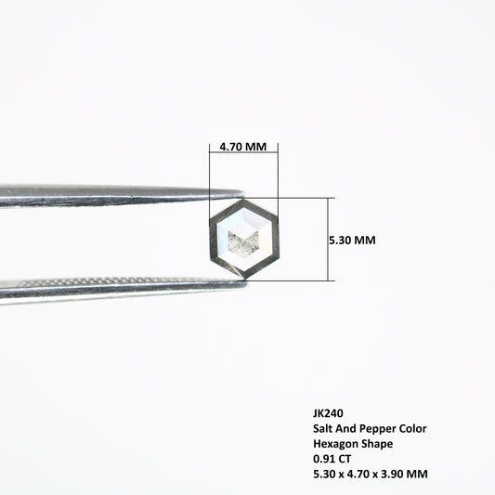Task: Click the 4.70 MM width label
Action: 242,147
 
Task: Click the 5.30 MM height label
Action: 352,241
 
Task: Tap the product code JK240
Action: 328,413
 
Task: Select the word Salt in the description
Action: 322,428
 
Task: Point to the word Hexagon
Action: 335,444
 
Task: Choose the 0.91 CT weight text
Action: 332,459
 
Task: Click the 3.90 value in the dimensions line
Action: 393,474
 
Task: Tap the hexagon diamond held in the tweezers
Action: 244,239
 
